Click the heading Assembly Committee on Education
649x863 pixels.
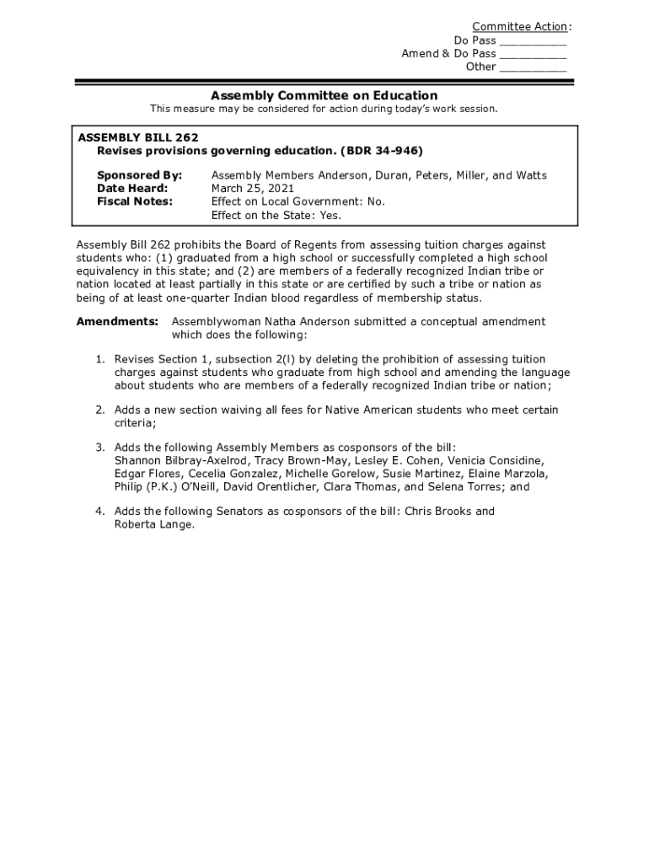(324, 95)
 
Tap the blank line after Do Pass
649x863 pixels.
(533, 40)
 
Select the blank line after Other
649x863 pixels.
(533, 67)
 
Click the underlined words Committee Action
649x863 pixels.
(519, 27)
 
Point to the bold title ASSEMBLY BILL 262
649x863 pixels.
(138, 137)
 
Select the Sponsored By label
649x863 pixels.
(139, 175)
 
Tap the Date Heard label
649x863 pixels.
(132, 189)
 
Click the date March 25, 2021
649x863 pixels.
(252, 189)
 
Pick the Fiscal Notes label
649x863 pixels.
(135, 201)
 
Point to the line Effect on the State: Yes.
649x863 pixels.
(276, 215)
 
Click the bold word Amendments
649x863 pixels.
(117, 322)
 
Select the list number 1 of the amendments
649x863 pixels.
(99, 360)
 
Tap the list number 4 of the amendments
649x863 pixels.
(99, 512)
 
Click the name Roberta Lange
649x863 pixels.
(154, 524)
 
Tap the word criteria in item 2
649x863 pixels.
(135, 423)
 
